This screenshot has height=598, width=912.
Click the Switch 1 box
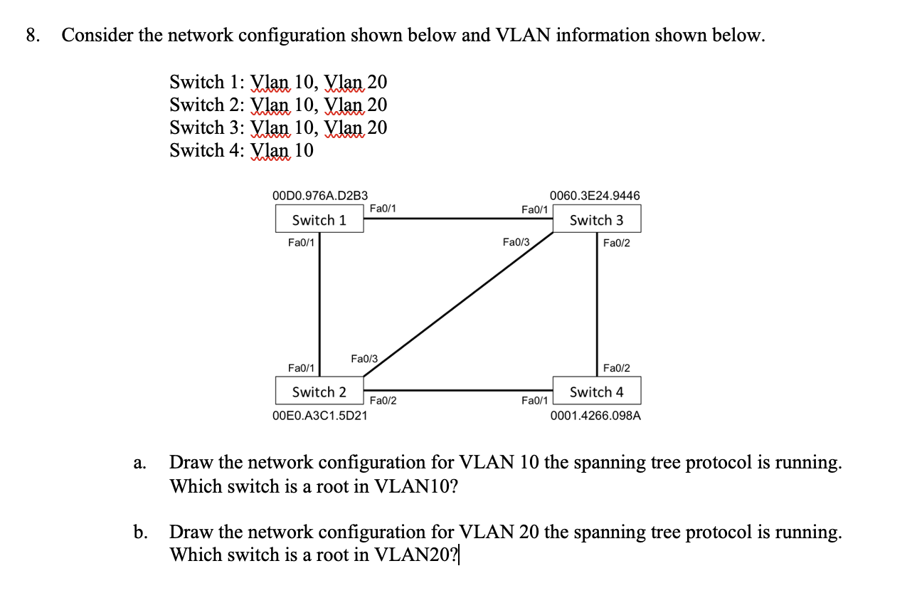(319, 219)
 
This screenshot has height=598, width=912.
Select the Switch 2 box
(319, 391)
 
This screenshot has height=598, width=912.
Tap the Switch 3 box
(596, 219)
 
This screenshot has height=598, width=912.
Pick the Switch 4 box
(596, 391)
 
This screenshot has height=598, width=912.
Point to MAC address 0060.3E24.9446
(595, 195)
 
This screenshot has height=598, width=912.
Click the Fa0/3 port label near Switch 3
(516, 243)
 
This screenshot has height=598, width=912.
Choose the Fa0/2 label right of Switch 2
(383, 402)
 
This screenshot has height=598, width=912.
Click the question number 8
(33, 36)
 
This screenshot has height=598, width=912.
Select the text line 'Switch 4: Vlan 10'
(241, 150)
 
